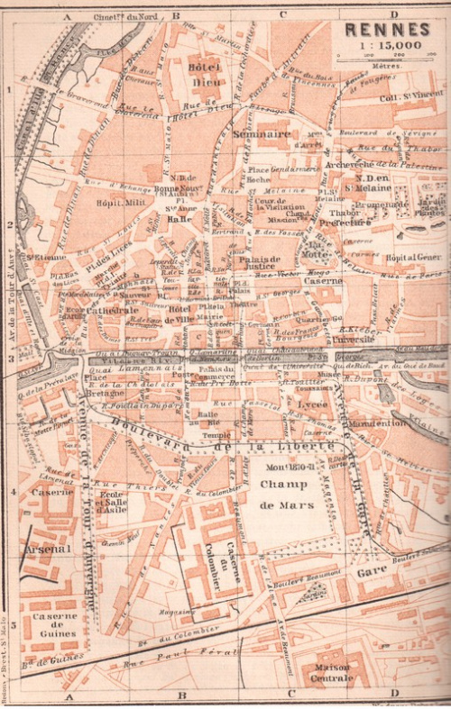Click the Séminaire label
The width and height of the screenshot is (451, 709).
click(x=261, y=133)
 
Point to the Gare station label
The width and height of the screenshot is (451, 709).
click(x=370, y=570)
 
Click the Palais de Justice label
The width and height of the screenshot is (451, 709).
click(x=262, y=267)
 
